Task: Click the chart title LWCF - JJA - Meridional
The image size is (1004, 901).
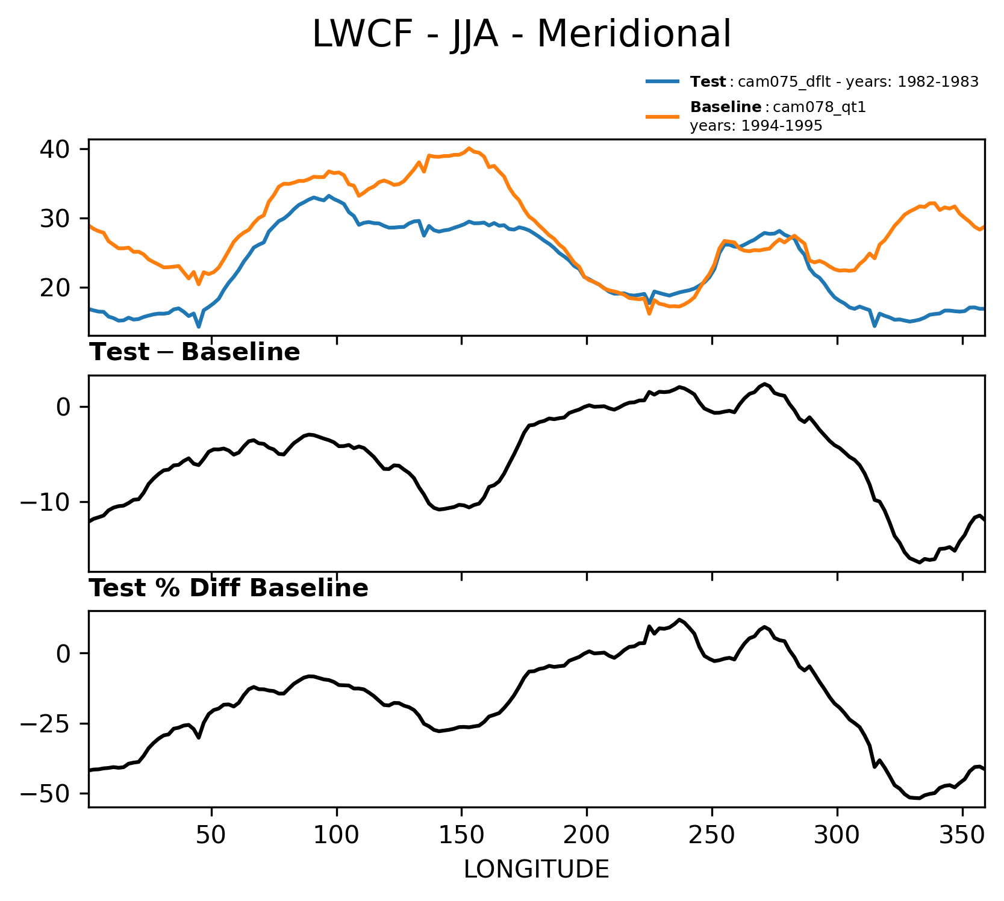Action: (522, 34)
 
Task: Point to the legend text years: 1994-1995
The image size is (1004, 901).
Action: (756, 126)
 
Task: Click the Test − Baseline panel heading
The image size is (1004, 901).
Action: (195, 352)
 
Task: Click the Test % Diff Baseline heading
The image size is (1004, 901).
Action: (229, 588)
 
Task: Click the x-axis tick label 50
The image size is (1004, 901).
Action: (211, 836)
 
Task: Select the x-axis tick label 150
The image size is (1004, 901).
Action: (461, 836)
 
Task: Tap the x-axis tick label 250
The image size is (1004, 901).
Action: (712, 836)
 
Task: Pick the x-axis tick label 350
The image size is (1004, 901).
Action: (962, 836)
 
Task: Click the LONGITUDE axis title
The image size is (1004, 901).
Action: (536, 870)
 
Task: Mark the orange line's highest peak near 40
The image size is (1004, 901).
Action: (469, 148)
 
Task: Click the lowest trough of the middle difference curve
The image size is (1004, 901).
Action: (920, 563)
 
